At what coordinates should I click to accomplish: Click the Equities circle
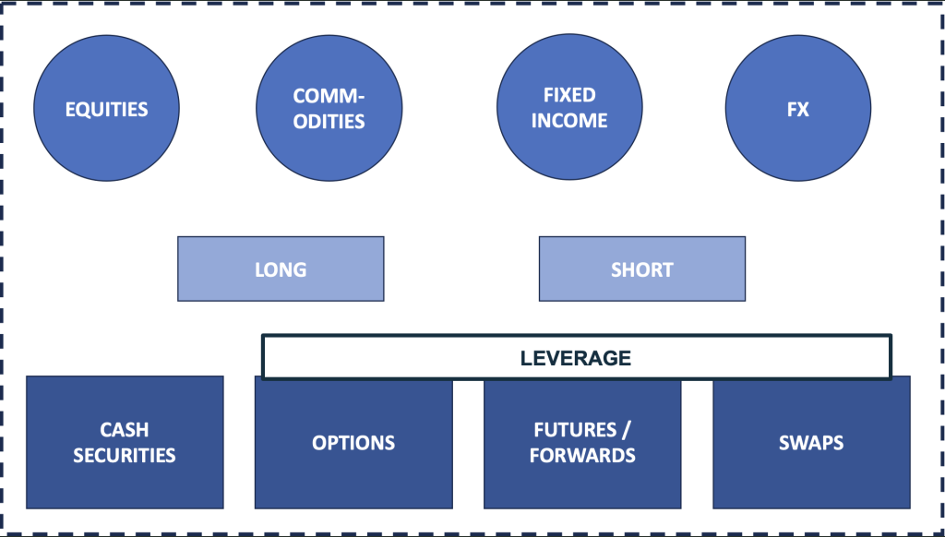(106, 109)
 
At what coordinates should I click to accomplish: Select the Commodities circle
(329, 109)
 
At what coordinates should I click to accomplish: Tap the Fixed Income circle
(569, 107)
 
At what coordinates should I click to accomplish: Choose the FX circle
(798, 109)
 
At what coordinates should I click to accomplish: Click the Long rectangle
(281, 268)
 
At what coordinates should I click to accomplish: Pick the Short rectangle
(642, 268)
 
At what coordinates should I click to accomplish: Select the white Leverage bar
(576, 357)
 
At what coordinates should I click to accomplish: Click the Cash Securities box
(125, 442)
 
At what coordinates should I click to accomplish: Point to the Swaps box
(811, 444)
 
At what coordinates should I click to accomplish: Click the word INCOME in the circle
(569, 121)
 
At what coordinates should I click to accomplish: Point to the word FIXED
(569, 95)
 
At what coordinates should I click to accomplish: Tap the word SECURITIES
(125, 455)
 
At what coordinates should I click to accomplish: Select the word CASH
(125, 430)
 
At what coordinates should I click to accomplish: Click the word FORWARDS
(582, 455)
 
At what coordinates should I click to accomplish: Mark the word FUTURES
(575, 430)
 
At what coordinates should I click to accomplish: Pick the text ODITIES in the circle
(329, 122)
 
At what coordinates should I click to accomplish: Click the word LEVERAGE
(576, 358)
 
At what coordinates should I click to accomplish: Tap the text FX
(798, 109)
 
